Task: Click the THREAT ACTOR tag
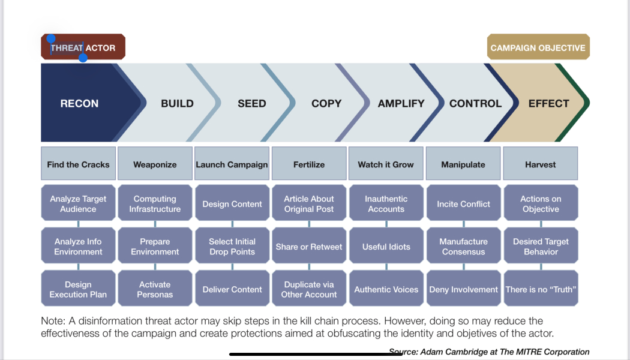pos(83,47)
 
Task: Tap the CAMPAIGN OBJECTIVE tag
pos(538,47)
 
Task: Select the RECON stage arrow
pos(80,103)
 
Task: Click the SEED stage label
pos(251,103)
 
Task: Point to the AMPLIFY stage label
pos(401,103)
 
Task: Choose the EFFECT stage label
pos(548,103)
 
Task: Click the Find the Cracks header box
pos(79,164)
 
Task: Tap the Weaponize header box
pos(155,164)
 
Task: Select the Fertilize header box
pos(309,164)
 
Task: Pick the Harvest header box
pos(540,164)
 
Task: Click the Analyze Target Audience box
pos(79,204)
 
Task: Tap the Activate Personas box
pos(155,289)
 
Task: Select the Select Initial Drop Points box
pos(232,247)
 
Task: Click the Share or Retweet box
pos(309,247)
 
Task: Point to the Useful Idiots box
pos(386,247)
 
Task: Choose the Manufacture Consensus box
pos(463,247)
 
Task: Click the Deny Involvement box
pos(463,289)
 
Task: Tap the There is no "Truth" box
pos(541,289)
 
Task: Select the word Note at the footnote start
pos(53,321)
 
